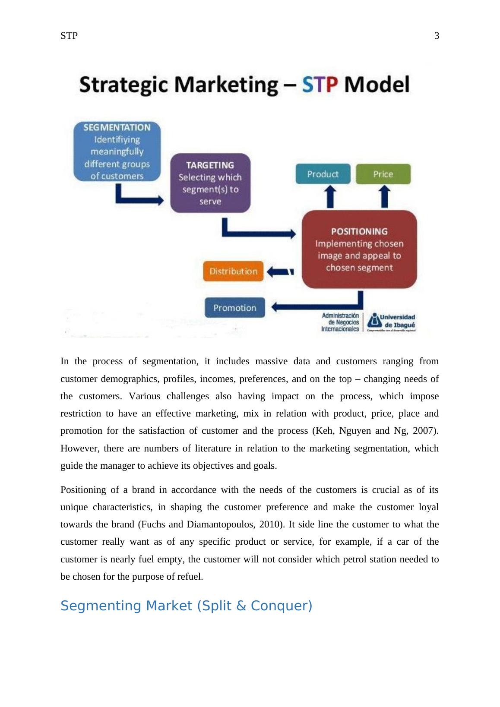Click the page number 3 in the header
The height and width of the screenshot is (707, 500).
(x=437, y=36)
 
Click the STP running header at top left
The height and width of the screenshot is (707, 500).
(x=69, y=36)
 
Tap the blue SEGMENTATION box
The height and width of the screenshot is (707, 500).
(x=117, y=151)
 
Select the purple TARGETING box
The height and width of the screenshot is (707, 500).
(x=210, y=183)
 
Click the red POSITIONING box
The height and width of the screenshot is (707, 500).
(x=359, y=249)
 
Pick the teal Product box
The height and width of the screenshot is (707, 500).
(x=323, y=174)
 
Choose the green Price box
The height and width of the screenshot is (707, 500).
(x=383, y=174)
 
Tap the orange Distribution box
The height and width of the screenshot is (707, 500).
(x=233, y=271)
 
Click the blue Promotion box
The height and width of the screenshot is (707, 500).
(x=234, y=308)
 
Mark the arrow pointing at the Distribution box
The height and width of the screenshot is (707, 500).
(x=280, y=272)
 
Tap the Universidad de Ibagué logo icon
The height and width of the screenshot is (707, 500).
(x=374, y=321)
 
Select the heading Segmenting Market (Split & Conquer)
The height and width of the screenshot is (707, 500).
(x=186, y=606)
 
